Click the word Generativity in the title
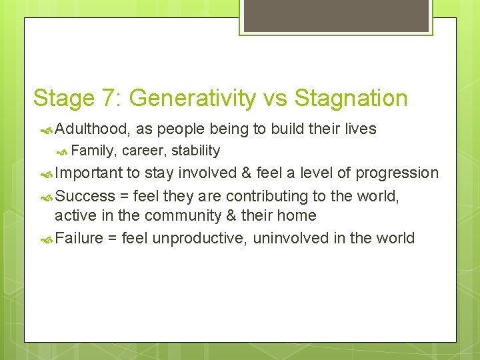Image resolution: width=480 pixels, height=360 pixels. (192, 99)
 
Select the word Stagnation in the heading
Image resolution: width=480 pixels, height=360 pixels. (351, 99)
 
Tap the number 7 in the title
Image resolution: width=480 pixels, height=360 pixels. (111, 99)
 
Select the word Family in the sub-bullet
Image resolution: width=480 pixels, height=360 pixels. (93, 151)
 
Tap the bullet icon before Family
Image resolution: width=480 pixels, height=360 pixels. (63, 151)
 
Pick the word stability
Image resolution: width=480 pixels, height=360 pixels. (195, 151)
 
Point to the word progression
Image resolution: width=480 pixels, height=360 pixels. (397, 173)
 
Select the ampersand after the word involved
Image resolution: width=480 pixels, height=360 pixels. (246, 173)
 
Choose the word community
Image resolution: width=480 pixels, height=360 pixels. (203, 216)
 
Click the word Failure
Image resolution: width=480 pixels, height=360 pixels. (77, 238)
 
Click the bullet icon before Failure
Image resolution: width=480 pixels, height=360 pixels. (47, 239)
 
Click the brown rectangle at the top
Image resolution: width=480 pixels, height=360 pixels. (336, 15)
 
